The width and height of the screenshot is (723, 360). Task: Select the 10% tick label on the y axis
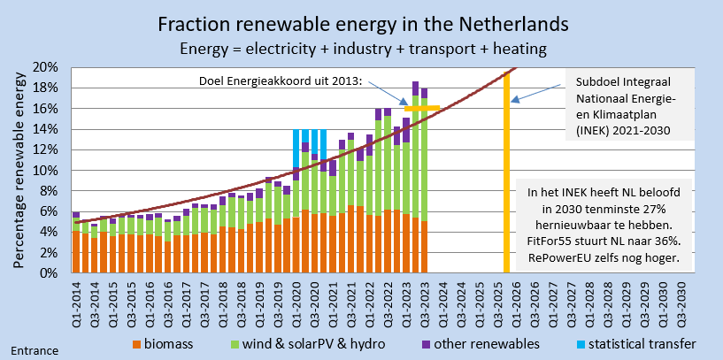[46, 170]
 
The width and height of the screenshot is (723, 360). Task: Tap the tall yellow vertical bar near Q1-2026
[507, 177]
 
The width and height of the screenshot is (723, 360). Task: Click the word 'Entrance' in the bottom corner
[34, 350]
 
